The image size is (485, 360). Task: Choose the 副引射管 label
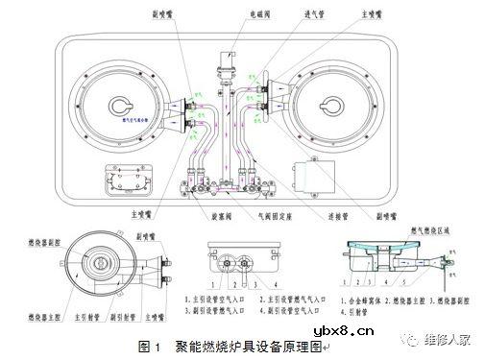click(x=123, y=313)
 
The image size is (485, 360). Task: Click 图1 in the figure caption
click(x=147, y=344)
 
